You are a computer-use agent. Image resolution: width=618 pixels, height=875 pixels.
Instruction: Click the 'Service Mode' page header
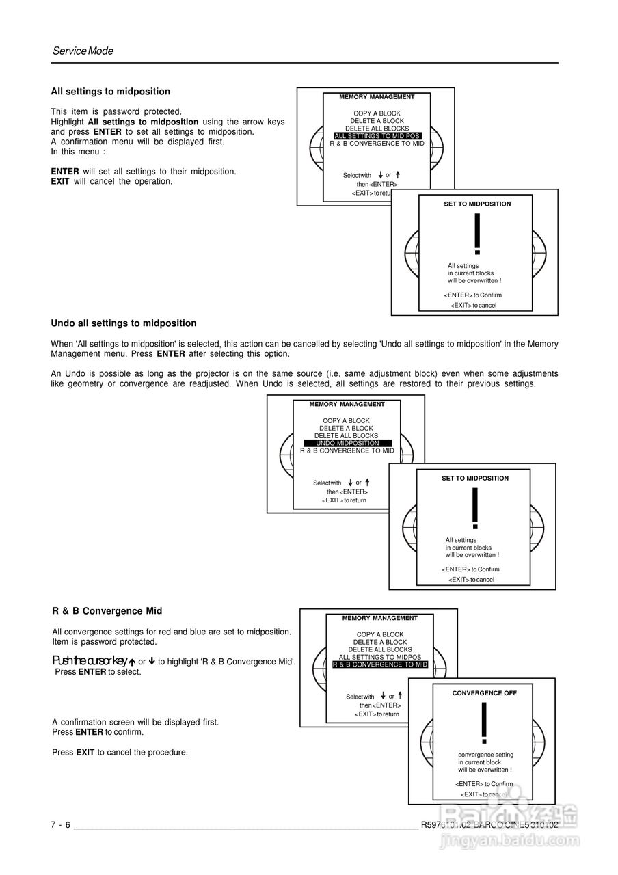tap(83, 51)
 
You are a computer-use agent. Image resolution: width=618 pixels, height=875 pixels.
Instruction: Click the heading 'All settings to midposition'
tap(111, 92)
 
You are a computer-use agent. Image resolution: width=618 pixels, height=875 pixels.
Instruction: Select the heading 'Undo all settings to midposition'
tap(124, 323)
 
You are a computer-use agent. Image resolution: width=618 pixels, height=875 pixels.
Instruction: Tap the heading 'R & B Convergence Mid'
tap(107, 611)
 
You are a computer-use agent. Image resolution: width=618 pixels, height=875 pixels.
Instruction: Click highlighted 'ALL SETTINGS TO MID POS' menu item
tap(377, 136)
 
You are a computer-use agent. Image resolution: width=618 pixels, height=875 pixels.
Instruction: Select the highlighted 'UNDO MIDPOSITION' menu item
tap(347, 444)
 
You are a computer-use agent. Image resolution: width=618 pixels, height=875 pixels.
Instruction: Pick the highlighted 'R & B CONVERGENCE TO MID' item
tap(380, 664)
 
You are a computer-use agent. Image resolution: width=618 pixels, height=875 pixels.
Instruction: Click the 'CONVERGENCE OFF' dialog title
tap(485, 693)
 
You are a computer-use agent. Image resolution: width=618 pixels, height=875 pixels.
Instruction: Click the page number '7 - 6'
tap(60, 825)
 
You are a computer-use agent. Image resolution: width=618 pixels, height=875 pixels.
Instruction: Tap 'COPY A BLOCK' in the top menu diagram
tap(377, 113)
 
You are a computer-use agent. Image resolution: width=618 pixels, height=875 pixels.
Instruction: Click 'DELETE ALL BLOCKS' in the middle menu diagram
tap(346, 436)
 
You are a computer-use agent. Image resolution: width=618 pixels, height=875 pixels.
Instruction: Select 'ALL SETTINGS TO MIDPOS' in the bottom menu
tap(380, 657)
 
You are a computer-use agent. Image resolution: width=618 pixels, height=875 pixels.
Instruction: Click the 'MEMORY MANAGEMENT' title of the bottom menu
tap(380, 618)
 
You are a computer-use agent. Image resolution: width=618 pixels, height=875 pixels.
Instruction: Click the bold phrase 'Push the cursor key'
tap(90, 661)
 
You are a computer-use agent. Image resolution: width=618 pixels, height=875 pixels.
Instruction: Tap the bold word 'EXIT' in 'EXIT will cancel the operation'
tap(60, 182)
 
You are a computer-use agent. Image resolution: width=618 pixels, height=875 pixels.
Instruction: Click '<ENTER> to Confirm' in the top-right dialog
tap(472, 295)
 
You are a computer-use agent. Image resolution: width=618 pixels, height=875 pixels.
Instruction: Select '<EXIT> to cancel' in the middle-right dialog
tap(471, 580)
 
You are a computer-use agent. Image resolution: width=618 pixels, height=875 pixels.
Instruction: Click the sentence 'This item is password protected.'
tap(116, 111)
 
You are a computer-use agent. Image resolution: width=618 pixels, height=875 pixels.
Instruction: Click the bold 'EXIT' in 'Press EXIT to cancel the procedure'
tap(85, 753)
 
